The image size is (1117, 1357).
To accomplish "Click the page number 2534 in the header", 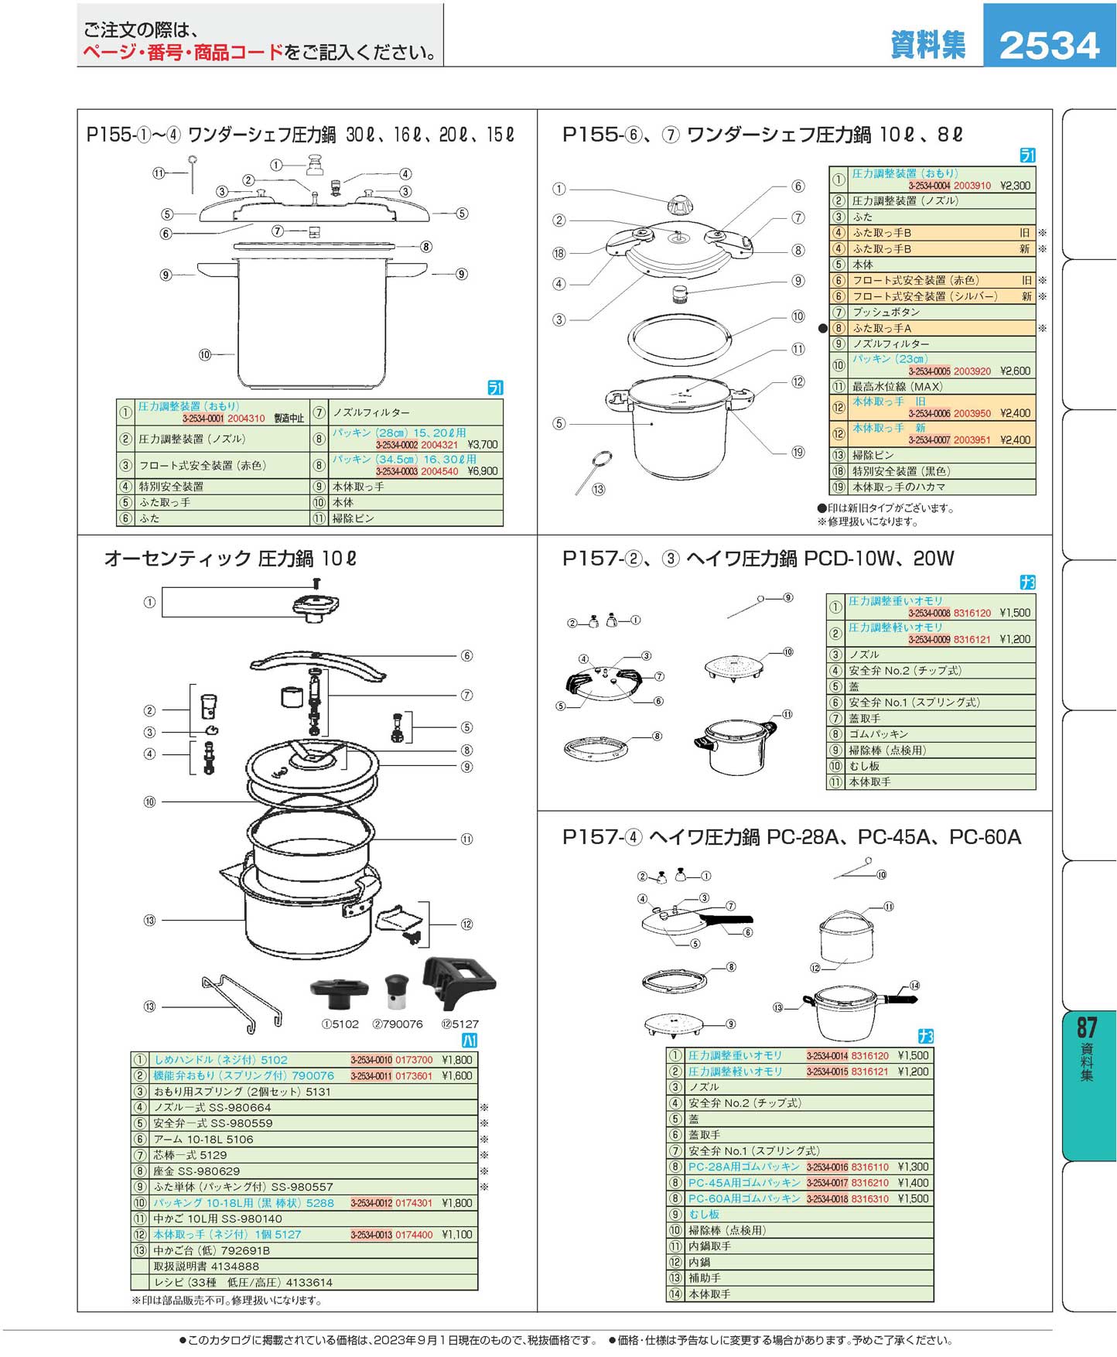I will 1049,46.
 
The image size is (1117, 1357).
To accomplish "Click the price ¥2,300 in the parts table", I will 1015,186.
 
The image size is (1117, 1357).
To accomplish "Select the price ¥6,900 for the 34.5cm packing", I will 483,471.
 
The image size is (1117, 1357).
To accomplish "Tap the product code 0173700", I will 414,1060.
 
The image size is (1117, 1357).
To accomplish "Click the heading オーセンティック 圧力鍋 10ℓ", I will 230,559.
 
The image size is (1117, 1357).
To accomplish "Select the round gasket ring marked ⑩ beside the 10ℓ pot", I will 679,338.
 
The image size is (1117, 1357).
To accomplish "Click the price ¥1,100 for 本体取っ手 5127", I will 456,1235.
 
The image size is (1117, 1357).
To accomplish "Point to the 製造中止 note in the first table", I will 289,419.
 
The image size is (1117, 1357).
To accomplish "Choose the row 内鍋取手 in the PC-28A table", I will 709,1246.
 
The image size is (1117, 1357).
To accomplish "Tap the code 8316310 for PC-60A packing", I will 870,1198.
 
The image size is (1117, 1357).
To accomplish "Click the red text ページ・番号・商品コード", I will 183,53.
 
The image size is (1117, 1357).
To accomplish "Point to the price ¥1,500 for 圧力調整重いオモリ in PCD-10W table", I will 1015,613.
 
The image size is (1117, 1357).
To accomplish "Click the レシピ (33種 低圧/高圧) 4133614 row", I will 243,1282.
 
